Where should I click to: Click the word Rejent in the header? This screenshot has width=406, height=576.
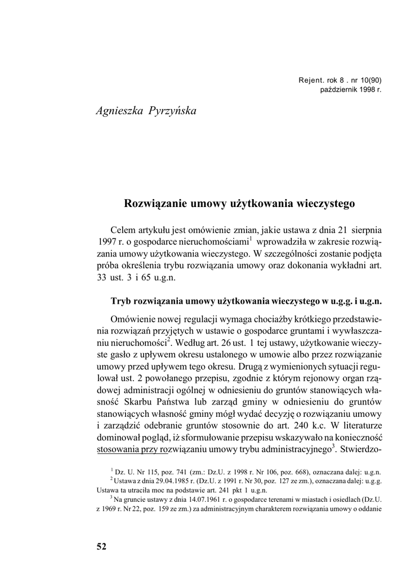click(x=311, y=80)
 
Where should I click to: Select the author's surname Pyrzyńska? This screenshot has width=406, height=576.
click(x=173, y=110)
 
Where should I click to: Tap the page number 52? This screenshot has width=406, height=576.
click(x=101, y=546)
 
